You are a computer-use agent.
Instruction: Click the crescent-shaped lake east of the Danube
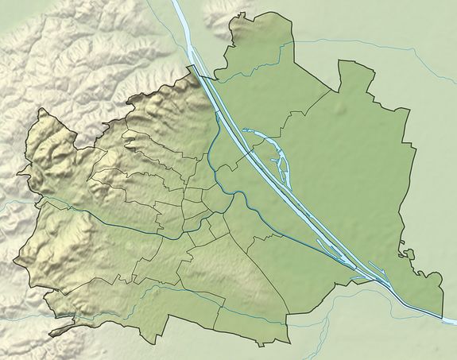[x=262, y=141]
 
